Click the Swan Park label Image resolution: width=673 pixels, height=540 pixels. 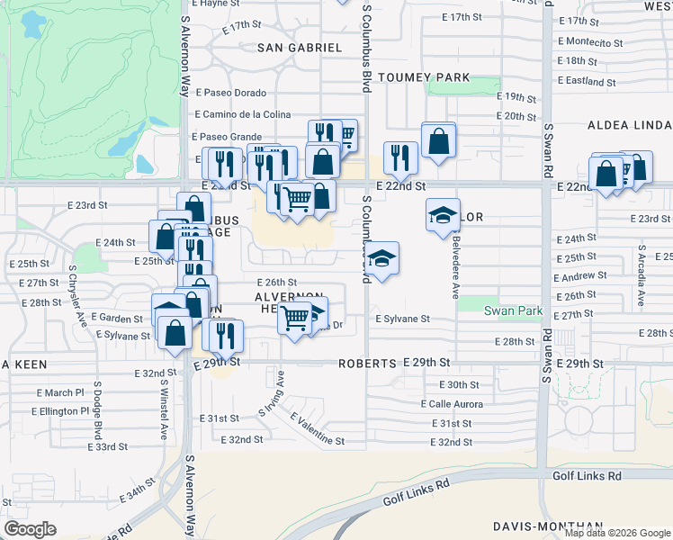pyautogui.click(x=514, y=310)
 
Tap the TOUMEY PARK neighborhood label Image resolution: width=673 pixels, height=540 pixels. pyautogui.click(x=424, y=77)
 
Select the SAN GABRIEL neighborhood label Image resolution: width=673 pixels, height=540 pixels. pyautogui.click(x=300, y=47)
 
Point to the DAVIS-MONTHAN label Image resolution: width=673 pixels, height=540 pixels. pyautogui.click(x=547, y=526)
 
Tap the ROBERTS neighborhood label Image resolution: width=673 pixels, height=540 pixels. pyautogui.click(x=367, y=363)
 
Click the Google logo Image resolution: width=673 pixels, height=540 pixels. pyautogui.click(x=30, y=529)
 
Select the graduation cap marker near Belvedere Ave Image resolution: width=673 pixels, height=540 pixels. pyautogui.click(x=443, y=215)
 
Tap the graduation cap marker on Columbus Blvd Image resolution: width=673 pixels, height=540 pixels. pyautogui.click(x=382, y=258)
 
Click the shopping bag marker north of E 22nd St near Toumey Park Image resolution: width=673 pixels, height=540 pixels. pyautogui.click(x=438, y=140)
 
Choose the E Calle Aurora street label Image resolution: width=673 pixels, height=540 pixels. pyautogui.click(x=452, y=404)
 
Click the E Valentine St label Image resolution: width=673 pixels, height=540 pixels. pyautogui.click(x=318, y=429)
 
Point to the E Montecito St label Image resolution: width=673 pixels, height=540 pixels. pyautogui.click(x=590, y=42)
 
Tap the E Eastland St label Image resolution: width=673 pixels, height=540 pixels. pyautogui.click(x=587, y=81)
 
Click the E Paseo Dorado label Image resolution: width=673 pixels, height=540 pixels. pyautogui.click(x=231, y=93)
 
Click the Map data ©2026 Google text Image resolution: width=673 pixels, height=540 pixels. pyautogui.click(x=617, y=533)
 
